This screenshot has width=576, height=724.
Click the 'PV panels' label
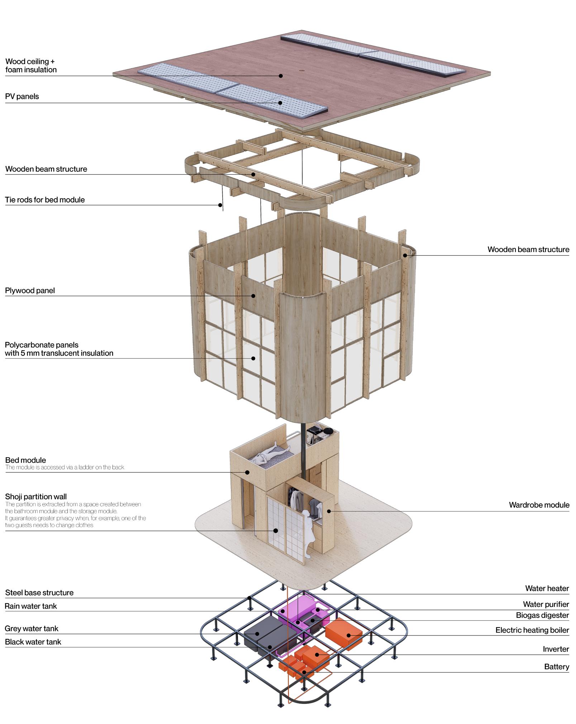pyautogui.click(x=22, y=96)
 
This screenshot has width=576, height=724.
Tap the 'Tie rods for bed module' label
pyautogui.click(x=45, y=200)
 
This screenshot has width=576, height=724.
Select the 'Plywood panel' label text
pyautogui.click(x=30, y=290)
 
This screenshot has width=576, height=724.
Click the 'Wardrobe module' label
pyautogui.click(x=539, y=505)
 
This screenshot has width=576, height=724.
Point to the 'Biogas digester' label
pyautogui.click(x=542, y=615)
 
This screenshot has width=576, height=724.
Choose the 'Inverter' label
pyautogui.click(x=556, y=649)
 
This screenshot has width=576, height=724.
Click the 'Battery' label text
pyautogui.click(x=556, y=667)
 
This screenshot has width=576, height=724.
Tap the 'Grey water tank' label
pyautogui.click(x=32, y=628)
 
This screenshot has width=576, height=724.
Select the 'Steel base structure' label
pyautogui.click(x=39, y=592)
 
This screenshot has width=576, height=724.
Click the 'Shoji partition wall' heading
pyautogui.click(x=36, y=496)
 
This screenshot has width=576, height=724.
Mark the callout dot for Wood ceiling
pyautogui.click(x=281, y=76)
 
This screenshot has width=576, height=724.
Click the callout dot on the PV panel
pyautogui.click(x=280, y=103)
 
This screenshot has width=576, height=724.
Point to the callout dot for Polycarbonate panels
pyautogui.click(x=253, y=358)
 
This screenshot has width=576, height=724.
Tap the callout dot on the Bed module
pyautogui.click(x=247, y=472)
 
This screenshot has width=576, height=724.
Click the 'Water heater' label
pyautogui.click(x=547, y=588)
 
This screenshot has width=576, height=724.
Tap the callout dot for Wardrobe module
pyautogui.click(x=329, y=511)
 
